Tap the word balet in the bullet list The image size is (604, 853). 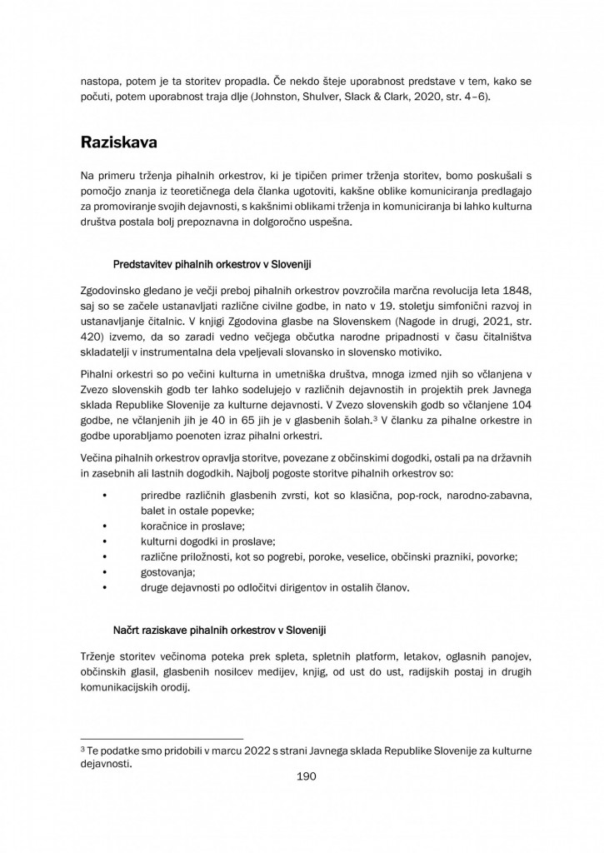[x=154, y=511]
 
